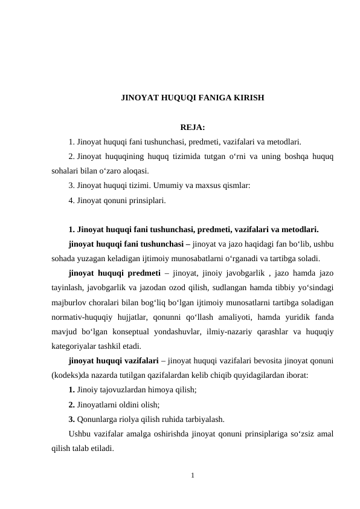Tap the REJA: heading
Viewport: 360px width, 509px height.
click(x=193, y=127)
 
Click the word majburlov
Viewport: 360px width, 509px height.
click(x=69, y=302)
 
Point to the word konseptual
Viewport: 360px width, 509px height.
click(x=146, y=331)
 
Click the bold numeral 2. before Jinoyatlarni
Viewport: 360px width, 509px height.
click(x=72, y=404)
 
